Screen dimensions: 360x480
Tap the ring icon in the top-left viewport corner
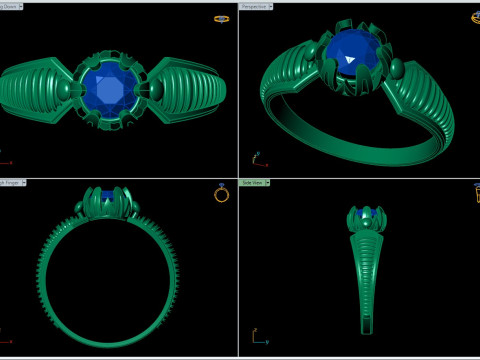click(x=221, y=18)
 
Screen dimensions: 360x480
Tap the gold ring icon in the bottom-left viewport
click(x=221, y=194)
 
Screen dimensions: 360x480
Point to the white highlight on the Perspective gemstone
click(x=351, y=60)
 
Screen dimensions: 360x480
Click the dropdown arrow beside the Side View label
click(x=269, y=183)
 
